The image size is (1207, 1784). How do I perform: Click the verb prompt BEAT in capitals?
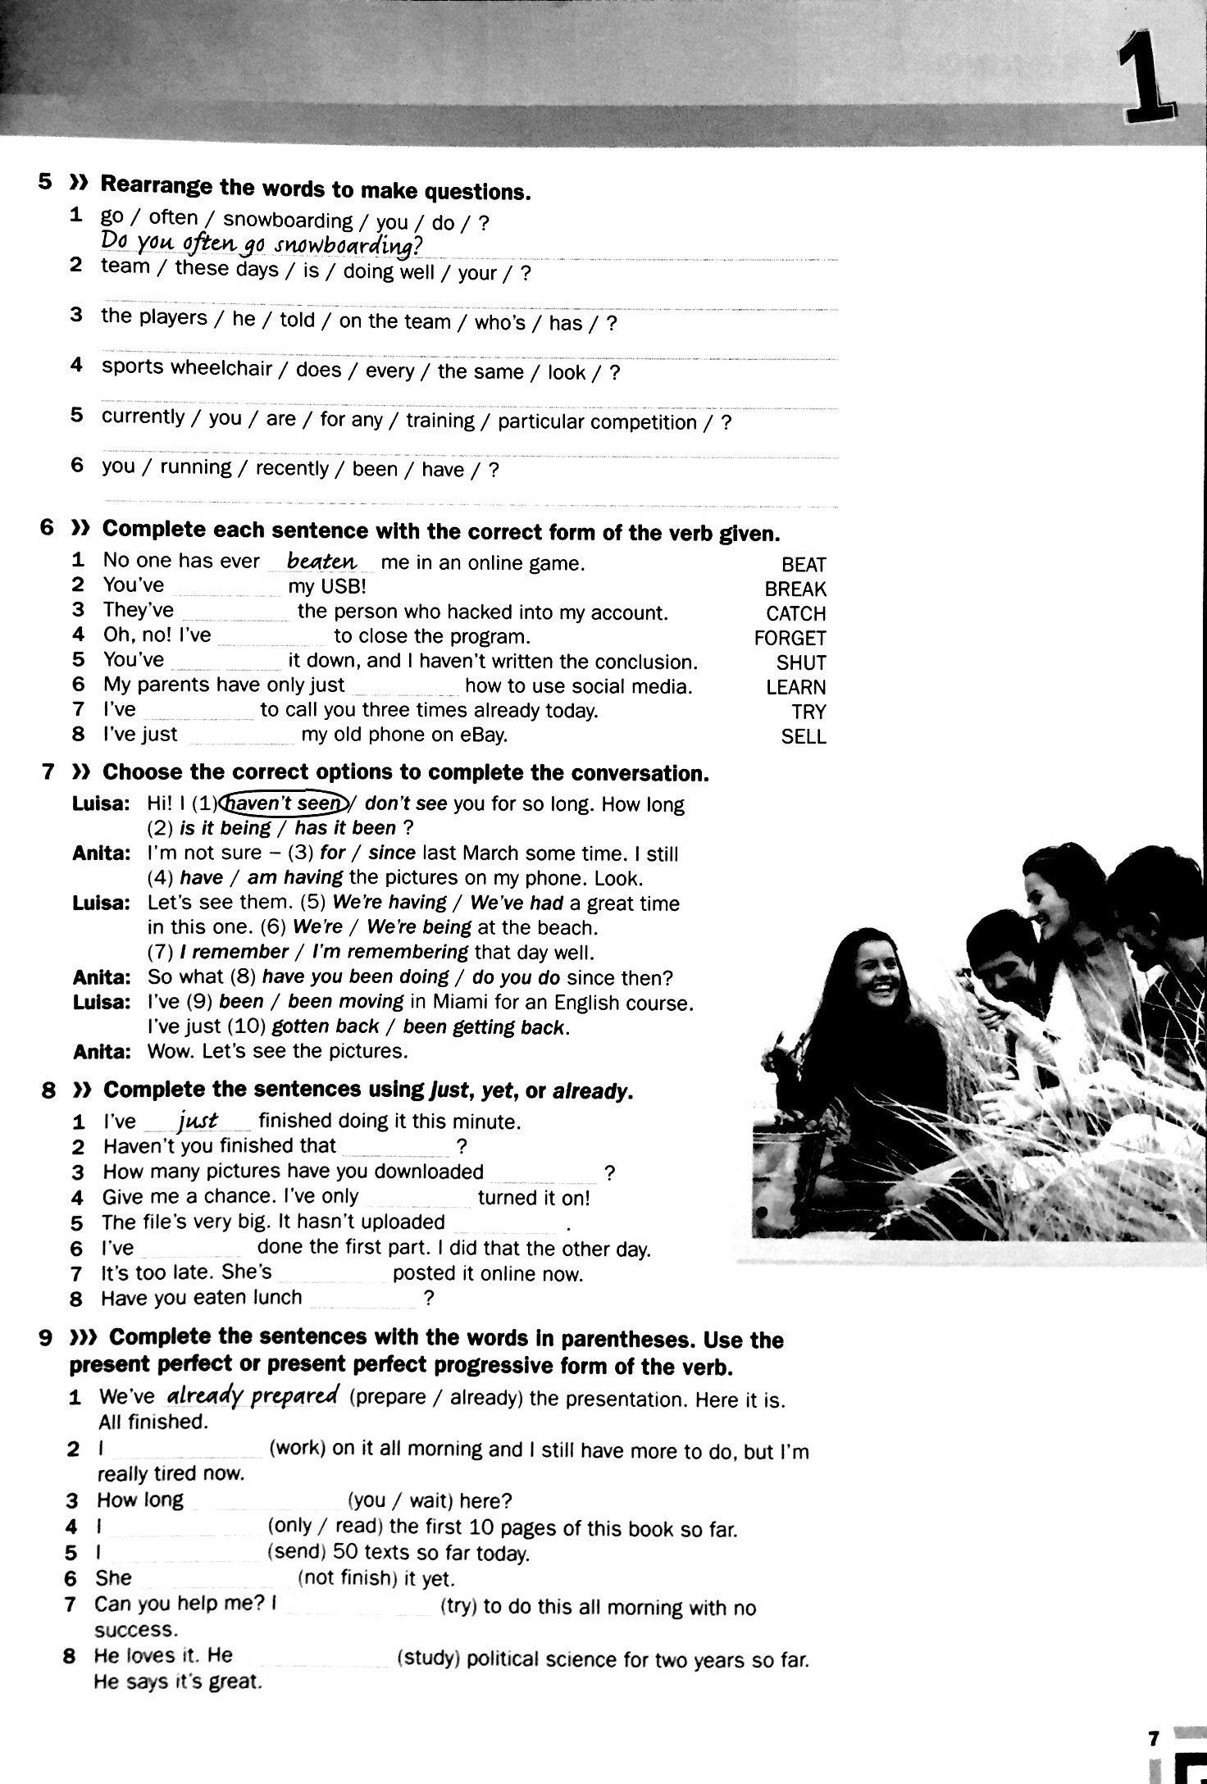point(803,565)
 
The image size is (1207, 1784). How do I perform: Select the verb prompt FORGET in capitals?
point(790,638)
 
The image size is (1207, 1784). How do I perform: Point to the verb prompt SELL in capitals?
point(803,736)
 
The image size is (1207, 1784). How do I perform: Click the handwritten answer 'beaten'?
point(322,561)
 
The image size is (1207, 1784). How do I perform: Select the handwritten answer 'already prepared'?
point(253,1395)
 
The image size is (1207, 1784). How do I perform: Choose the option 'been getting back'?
point(485,1027)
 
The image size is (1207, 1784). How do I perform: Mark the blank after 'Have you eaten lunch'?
point(362,1299)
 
